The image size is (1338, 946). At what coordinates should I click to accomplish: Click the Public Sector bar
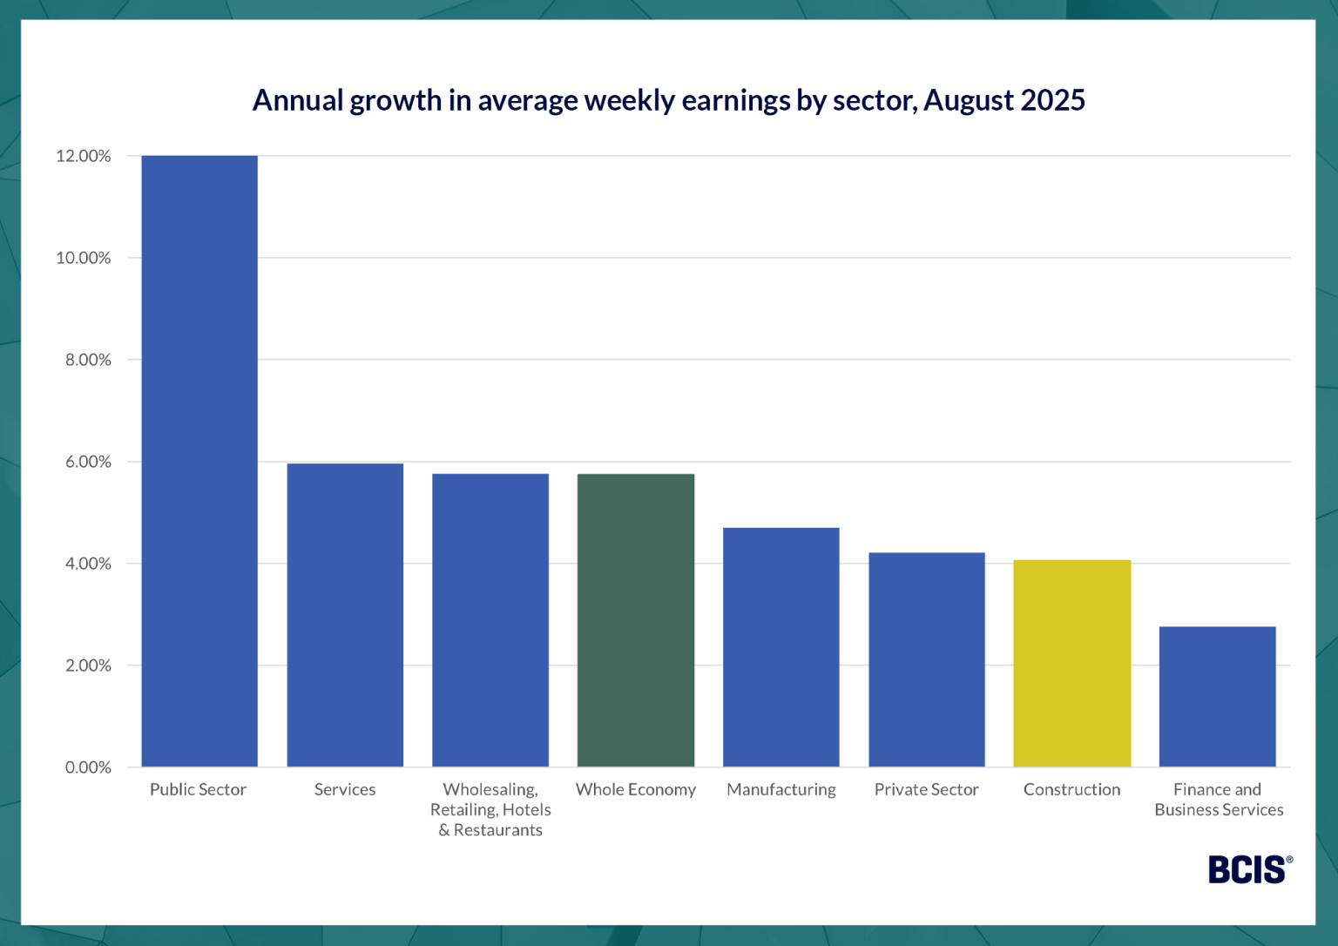(x=199, y=462)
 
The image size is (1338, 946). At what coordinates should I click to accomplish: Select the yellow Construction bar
(x=1071, y=664)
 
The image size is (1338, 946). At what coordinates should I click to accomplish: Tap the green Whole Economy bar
(x=636, y=620)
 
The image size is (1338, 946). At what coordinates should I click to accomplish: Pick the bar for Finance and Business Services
(x=1217, y=697)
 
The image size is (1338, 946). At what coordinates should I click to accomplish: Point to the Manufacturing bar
(x=781, y=647)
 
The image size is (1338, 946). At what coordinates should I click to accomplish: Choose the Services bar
(x=345, y=615)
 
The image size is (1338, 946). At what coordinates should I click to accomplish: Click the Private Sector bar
(x=926, y=659)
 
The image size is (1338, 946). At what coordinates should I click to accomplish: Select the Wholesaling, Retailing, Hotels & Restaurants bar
(x=490, y=620)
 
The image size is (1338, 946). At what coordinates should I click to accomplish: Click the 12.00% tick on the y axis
(x=84, y=156)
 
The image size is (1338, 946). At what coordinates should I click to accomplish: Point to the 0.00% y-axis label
(x=88, y=767)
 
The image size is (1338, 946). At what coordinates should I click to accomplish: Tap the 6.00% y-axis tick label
(x=88, y=462)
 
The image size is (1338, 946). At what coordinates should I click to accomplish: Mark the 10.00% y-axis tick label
(x=84, y=258)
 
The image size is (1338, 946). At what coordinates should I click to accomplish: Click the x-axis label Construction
(x=1071, y=789)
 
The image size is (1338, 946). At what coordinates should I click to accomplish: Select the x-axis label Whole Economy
(x=636, y=789)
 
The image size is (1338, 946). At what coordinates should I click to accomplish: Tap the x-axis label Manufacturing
(x=781, y=789)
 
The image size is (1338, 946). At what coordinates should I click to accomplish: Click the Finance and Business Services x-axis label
(x=1218, y=800)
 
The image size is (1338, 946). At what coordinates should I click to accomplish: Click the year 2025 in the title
(x=1052, y=100)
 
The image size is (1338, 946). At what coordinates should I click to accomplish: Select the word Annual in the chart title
(x=298, y=100)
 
